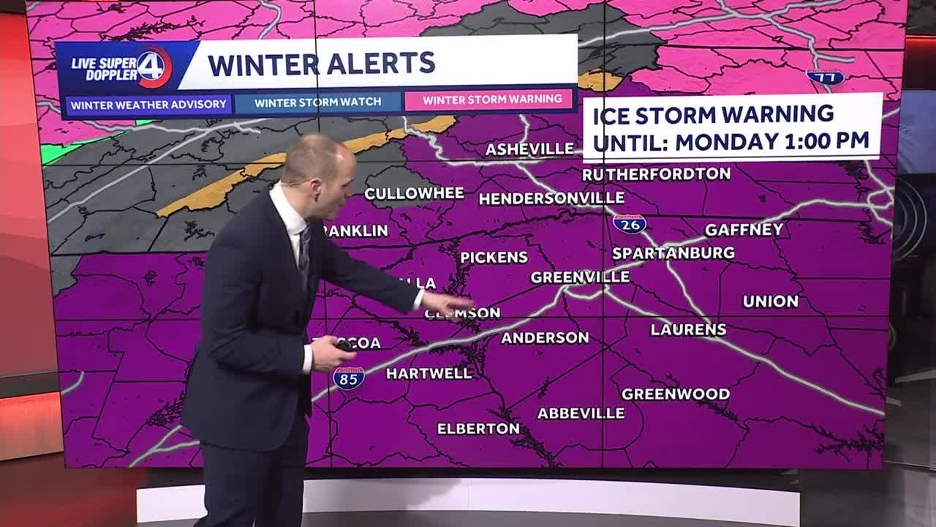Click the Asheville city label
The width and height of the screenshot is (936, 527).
pos(530,149)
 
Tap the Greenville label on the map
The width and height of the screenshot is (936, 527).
pos(580,277)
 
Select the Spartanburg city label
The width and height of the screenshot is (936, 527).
pos(673,253)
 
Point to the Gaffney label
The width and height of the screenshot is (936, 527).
pos(744,230)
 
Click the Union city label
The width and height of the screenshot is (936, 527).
pos(770,302)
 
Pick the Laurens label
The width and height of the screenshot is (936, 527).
pos(688,330)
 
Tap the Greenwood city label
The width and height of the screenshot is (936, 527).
pos(675,395)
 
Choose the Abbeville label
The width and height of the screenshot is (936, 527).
pos(581,414)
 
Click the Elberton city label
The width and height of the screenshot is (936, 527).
pos(478,429)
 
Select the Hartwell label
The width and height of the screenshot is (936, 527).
pos(429,374)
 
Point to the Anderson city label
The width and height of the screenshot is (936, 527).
pos(545,338)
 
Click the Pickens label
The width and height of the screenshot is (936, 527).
pos(494,258)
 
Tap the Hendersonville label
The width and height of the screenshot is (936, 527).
pos(551,198)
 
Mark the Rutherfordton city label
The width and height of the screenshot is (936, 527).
pos(656,174)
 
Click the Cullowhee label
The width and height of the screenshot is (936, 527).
pos(414,194)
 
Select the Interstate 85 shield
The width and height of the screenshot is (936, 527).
pos(349,378)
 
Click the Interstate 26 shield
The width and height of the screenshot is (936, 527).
pos(630,223)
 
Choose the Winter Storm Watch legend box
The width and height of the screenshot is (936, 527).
pos(317,102)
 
